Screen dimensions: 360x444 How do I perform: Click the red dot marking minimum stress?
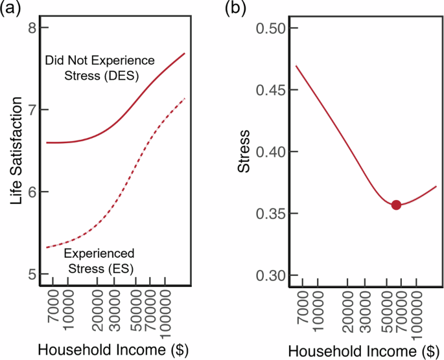(396, 205)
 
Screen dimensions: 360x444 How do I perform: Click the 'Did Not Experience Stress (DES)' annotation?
(99, 68)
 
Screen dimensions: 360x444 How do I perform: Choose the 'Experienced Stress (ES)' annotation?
(99, 259)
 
